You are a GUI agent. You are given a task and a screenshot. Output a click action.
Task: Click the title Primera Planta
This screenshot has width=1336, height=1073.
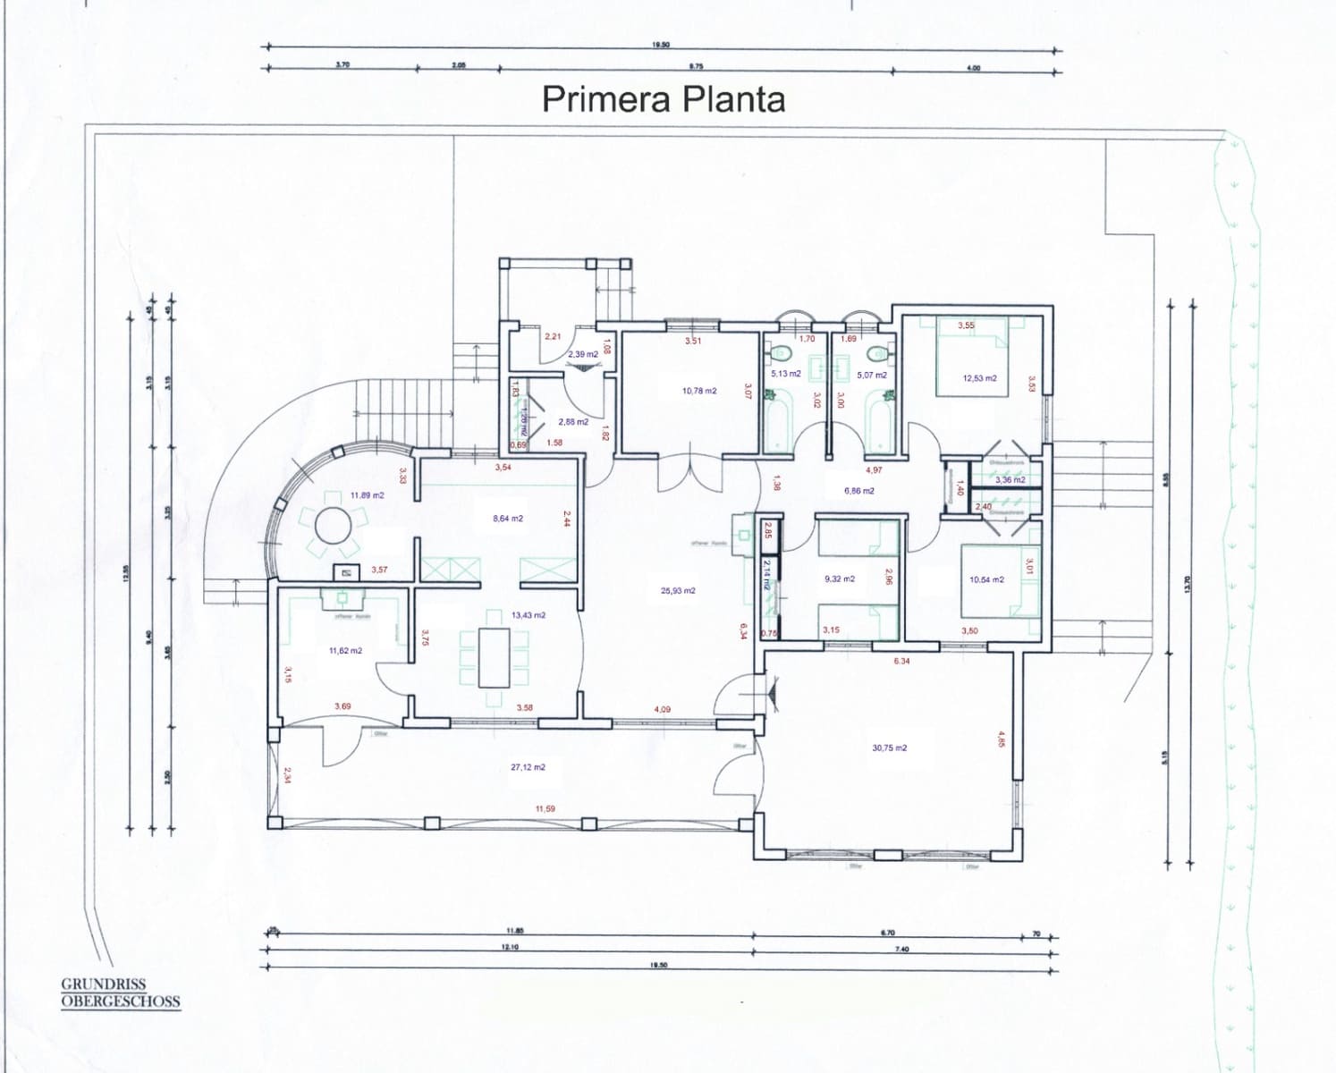point(664,98)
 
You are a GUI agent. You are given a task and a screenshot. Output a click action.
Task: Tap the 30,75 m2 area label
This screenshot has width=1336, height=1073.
point(889,748)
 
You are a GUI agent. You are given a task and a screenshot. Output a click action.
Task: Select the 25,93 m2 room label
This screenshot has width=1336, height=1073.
point(678,590)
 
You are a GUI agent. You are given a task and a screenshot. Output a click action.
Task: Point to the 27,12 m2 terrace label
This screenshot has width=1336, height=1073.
point(528,767)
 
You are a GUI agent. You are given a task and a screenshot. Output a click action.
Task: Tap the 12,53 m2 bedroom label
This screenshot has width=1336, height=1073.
point(979,378)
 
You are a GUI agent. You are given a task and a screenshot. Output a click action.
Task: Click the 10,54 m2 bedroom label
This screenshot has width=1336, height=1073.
point(986,579)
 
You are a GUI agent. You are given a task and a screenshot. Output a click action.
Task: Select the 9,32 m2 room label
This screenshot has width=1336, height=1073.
point(839,579)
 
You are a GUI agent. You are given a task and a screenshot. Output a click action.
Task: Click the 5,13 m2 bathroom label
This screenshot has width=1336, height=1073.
point(785,374)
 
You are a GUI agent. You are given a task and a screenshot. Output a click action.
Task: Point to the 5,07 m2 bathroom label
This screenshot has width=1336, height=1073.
point(871,375)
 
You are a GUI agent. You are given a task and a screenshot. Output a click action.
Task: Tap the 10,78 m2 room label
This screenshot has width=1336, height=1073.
point(698,391)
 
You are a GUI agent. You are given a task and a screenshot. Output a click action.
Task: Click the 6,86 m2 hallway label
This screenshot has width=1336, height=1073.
point(858,490)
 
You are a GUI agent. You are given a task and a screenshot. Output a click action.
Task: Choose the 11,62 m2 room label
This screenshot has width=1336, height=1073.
point(345,651)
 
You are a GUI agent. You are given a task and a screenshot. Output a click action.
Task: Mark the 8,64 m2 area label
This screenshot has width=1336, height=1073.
point(507,518)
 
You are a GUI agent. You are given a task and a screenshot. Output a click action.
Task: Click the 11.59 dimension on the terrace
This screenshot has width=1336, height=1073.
point(545,808)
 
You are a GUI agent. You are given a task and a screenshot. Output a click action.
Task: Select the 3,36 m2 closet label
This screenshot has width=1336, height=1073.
point(1010,480)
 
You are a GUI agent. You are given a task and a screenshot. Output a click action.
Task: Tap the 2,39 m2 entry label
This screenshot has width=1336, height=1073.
point(582,354)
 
